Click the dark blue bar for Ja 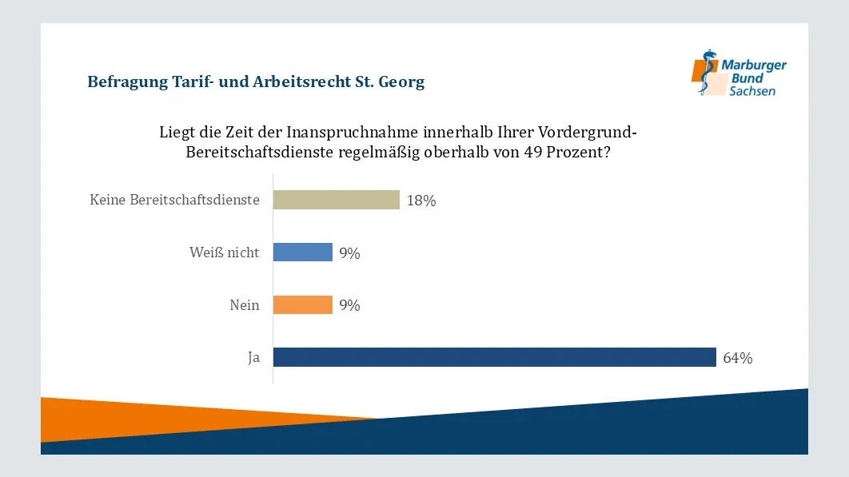[494, 357]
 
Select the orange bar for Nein [303, 305]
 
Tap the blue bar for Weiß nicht [303, 252]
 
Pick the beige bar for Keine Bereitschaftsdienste [336, 200]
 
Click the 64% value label [737, 358]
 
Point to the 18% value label [421, 201]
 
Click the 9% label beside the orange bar [349, 305]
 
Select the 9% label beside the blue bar [349, 253]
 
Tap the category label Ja [253, 358]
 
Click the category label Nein [244, 305]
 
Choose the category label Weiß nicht [225, 252]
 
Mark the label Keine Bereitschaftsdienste [174, 200]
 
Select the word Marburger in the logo [753, 66]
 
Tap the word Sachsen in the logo [751, 91]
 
